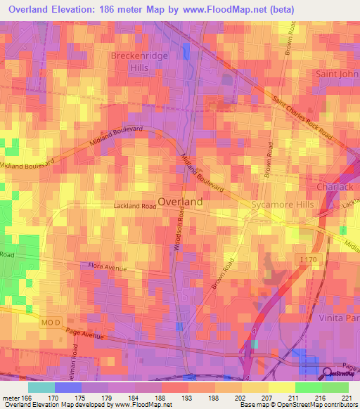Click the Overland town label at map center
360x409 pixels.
(x=181, y=201)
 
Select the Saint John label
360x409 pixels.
(x=338, y=73)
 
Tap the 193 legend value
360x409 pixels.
(x=187, y=397)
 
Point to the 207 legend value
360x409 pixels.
(x=268, y=397)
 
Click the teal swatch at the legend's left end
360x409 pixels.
(x=41, y=387)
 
